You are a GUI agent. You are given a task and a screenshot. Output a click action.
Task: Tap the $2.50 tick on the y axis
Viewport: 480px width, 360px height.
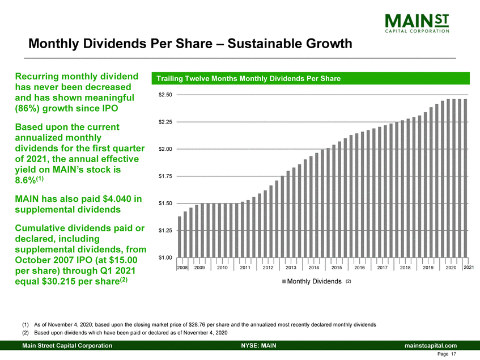click(x=165, y=95)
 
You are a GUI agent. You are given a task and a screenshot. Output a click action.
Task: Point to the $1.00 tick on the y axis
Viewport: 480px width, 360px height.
click(x=165, y=258)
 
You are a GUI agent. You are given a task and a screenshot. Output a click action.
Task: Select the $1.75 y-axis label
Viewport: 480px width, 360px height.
click(x=165, y=176)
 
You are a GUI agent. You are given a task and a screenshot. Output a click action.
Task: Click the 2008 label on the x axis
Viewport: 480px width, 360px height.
click(x=181, y=267)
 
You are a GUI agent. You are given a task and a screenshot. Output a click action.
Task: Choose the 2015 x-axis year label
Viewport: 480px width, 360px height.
click(x=337, y=267)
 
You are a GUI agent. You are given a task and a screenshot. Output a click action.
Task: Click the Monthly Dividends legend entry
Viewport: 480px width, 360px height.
click(x=313, y=281)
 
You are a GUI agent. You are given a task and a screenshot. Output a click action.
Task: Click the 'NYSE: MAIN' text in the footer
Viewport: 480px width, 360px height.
click(x=258, y=345)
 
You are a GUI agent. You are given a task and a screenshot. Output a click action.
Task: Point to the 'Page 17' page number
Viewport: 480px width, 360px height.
click(x=448, y=354)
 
